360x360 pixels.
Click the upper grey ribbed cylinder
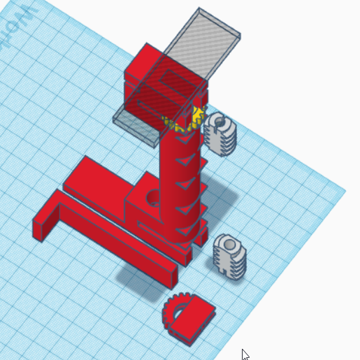(x=222, y=134)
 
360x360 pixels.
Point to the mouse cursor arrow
(x=245, y=354)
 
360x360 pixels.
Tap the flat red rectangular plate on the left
(x=98, y=181)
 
